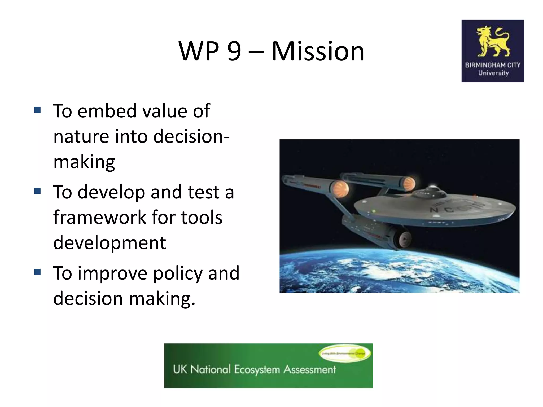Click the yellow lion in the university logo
[493, 42]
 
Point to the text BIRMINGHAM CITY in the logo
[493, 65]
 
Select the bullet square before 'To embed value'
[37, 110]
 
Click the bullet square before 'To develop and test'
[37, 191]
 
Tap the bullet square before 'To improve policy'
[37, 272]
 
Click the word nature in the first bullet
[81, 136]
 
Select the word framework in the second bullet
[99, 218]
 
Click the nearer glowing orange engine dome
[340, 189]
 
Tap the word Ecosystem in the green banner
[257, 370]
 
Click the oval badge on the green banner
[345, 353]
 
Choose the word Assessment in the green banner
[309, 369]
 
